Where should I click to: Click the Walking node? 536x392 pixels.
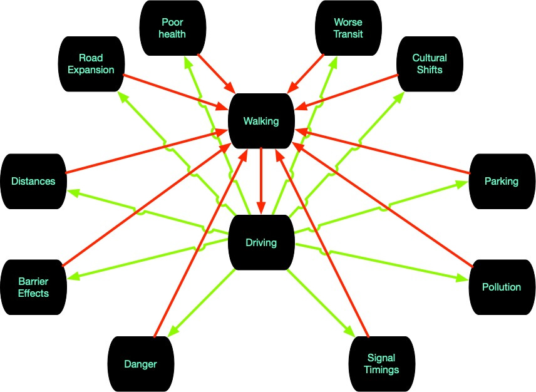261,121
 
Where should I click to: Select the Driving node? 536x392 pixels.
261,242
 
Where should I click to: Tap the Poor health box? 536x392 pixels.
172,27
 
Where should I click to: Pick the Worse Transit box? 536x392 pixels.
348,27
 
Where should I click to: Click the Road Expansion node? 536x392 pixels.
92,63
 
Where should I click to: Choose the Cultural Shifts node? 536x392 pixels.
429,64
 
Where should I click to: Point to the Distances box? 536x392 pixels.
33,181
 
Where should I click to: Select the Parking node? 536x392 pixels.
501,181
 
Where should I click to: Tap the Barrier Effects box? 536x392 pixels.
33,286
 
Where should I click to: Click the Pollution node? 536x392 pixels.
501,287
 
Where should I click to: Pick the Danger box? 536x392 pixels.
140,364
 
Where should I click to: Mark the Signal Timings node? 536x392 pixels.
381,364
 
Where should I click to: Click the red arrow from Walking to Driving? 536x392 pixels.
261,182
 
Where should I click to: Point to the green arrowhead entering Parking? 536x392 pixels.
463,183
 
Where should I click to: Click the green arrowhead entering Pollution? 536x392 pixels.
463,280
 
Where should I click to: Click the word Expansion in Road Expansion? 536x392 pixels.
92,70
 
